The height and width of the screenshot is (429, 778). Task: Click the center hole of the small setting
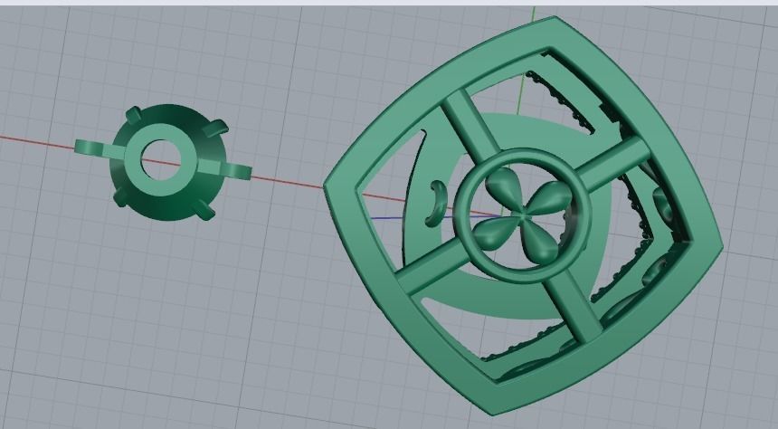pyautogui.click(x=163, y=160)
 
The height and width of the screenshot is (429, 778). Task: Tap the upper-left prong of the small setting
pyautogui.click(x=133, y=116)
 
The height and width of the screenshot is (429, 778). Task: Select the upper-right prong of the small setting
pyautogui.click(x=216, y=130)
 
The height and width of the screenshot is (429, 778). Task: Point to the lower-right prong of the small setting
pyautogui.click(x=204, y=210)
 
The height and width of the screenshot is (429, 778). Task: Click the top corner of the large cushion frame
pyautogui.click(x=554, y=24)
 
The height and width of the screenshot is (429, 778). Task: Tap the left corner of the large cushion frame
pyautogui.click(x=331, y=186)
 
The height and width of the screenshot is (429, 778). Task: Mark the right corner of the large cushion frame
pyautogui.click(x=719, y=244)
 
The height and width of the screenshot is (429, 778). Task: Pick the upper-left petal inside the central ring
pyautogui.click(x=500, y=190)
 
